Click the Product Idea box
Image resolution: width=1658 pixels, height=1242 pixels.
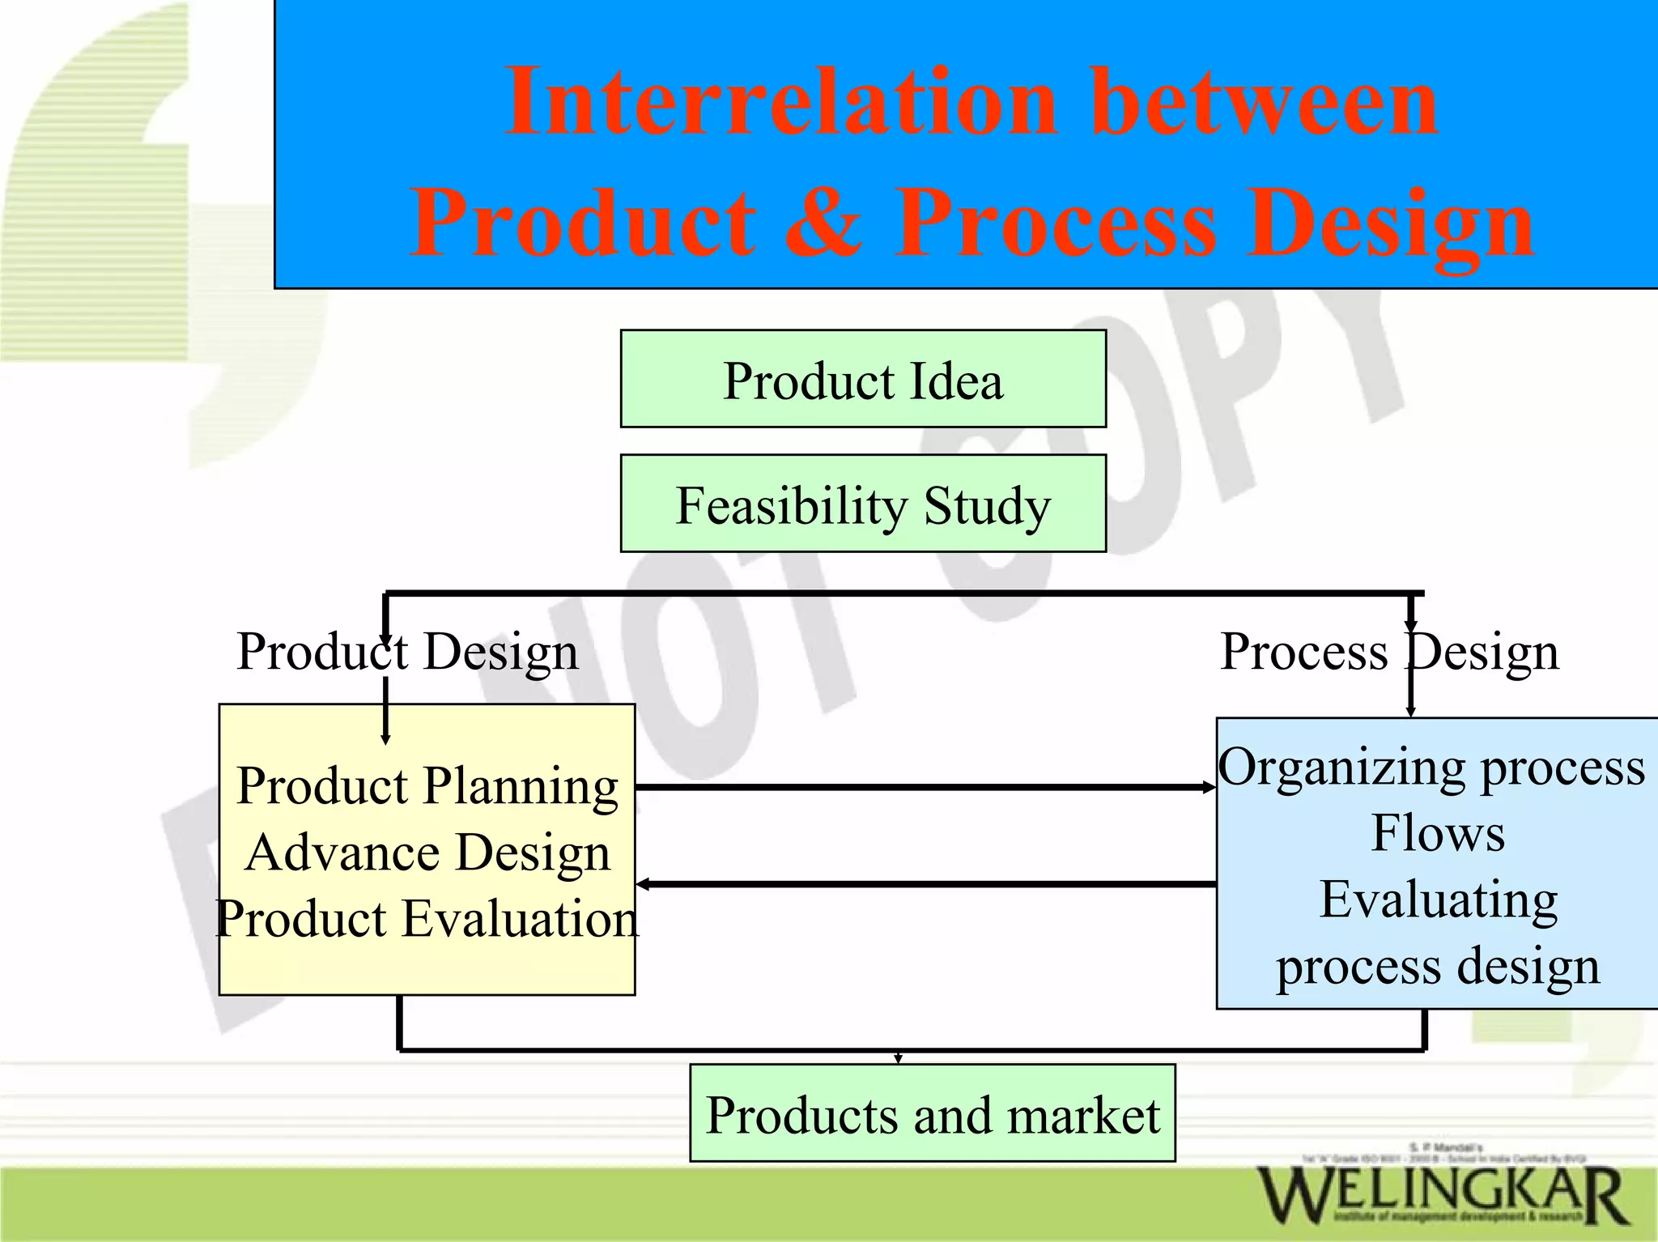[x=863, y=379]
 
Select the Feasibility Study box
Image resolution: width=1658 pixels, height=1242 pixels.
[x=863, y=504]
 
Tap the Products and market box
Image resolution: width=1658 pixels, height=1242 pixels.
[x=932, y=1113]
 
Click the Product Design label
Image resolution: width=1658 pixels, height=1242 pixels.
[x=407, y=651]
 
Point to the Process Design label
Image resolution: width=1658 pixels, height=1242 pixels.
[x=1389, y=651]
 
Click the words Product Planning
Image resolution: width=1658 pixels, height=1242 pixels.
[x=427, y=785]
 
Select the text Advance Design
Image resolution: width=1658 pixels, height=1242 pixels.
[x=427, y=852]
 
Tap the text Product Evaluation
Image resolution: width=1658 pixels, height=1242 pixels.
[x=427, y=918]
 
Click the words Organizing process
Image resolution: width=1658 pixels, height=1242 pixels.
[x=1431, y=767]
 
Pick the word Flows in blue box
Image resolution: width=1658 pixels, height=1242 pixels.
[x=1438, y=833]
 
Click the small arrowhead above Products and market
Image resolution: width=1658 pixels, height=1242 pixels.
[x=898, y=1058]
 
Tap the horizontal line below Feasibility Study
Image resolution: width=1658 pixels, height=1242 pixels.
[x=903, y=593]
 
